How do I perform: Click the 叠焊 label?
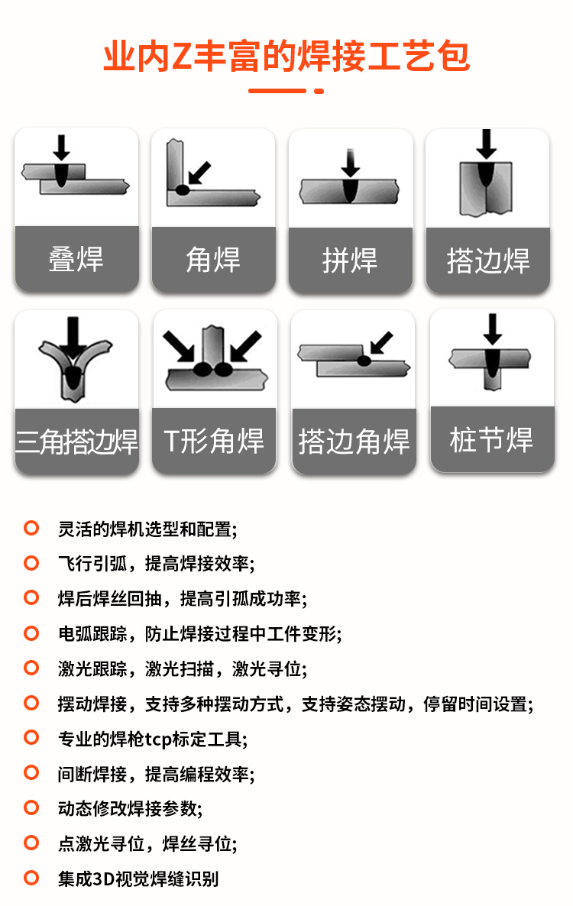click(x=76, y=259)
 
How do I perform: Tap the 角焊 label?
click(x=213, y=260)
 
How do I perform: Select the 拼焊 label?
click(x=350, y=260)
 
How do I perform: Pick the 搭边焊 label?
click(x=488, y=260)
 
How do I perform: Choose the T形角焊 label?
click(x=214, y=441)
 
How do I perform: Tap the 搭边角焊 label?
click(x=354, y=442)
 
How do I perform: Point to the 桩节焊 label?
click(x=491, y=440)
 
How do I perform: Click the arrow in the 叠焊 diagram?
click(x=61, y=148)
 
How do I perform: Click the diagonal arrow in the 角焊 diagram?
click(x=199, y=173)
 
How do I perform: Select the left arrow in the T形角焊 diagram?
click(x=179, y=347)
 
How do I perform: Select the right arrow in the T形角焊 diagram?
click(x=246, y=346)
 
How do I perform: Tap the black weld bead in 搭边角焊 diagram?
click(x=364, y=361)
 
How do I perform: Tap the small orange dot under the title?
click(x=319, y=91)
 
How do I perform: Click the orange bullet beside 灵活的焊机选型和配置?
click(x=31, y=528)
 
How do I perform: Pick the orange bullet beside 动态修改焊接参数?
click(x=31, y=807)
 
